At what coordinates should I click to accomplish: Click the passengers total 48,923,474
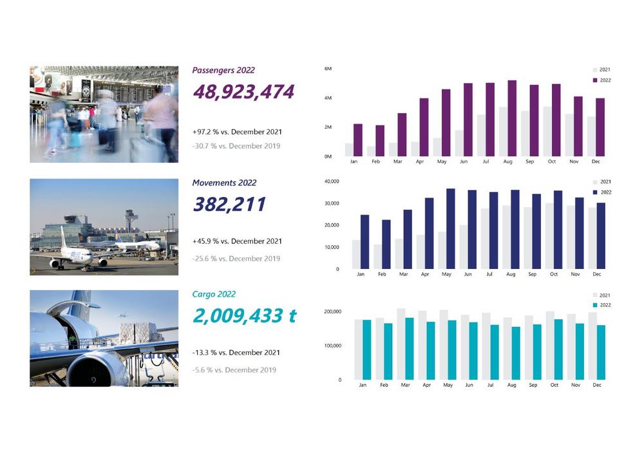pyautogui.click(x=243, y=92)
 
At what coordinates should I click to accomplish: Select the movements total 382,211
pyautogui.click(x=229, y=205)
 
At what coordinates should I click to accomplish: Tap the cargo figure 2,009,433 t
pyautogui.click(x=245, y=316)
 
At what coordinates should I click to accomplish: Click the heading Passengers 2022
pyautogui.click(x=223, y=70)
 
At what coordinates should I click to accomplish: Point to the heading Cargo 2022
pyautogui.click(x=214, y=294)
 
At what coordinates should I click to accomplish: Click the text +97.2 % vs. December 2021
pyautogui.click(x=237, y=131)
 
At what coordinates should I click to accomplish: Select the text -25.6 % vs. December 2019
pyautogui.click(x=236, y=258)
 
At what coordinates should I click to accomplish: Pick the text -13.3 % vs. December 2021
pyautogui.click(x=236, y=353)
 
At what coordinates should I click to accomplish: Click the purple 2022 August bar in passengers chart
pyautogui.click(x=512, y=119)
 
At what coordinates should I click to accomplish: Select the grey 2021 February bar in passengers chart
pyautogui.click(x=372, y=151)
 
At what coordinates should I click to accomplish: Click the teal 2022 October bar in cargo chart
pyautogui.click(x=558, y=349)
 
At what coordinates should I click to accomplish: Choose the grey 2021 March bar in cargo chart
pyautogui.click(x=401, y=344)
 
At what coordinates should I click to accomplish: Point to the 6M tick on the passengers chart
pyautogui.click(x=328, y=68)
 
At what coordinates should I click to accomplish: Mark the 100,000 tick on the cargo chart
pyautogui.click(x=332, y=346)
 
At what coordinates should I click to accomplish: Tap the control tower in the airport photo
pyautogui.click(x=131, y=219)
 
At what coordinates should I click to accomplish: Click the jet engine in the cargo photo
pyautogui.click(x=97, y=369)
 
